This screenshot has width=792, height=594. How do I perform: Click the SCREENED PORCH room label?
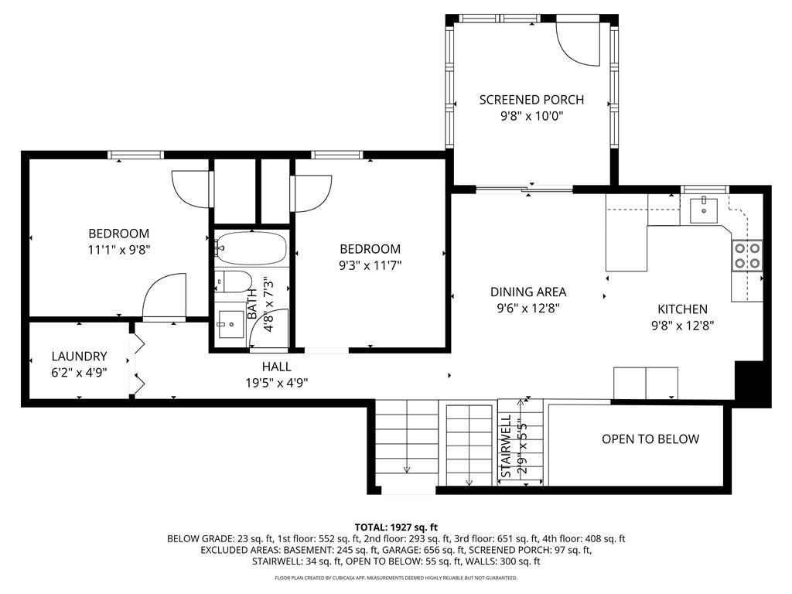tap(531, 100)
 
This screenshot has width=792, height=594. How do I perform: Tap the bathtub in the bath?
tap(251, 248)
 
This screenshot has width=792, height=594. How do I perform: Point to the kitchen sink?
tap(704, 210)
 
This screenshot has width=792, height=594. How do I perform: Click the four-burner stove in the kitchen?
tap(747, 255)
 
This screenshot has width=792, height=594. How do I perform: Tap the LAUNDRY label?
tap(80, 357)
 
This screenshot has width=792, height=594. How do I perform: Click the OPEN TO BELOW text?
tap(650, 439)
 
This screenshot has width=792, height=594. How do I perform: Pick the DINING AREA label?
tap(528, 292)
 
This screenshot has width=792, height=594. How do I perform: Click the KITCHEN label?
tap(682, 309)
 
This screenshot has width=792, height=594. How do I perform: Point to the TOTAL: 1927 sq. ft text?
tap(396, 527)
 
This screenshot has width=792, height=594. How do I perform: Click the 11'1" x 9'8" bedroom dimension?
tap(119, 250)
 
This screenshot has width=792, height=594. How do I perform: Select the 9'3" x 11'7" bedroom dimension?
tap(370, 265)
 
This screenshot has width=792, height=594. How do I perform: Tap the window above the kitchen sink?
tap(705, 189)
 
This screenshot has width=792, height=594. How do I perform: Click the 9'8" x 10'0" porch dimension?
tap(532, 116)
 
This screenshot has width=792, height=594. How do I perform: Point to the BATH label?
tap(251, 303)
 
